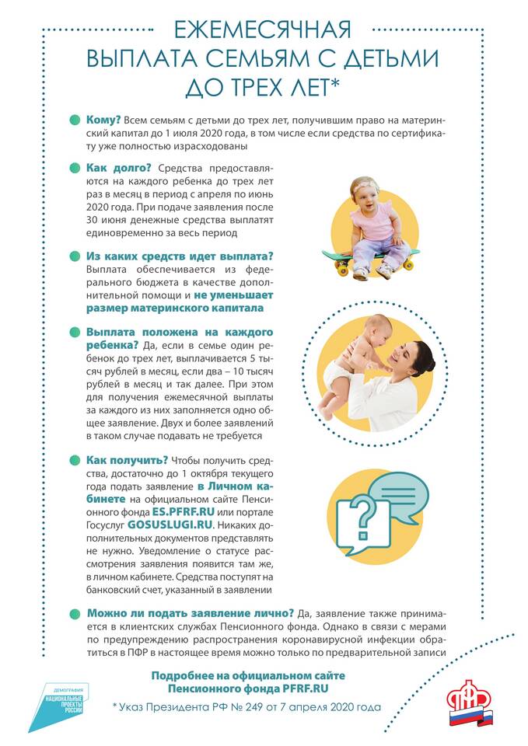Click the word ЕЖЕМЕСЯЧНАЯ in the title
[263, 30]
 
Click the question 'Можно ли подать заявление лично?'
[190, 612]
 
